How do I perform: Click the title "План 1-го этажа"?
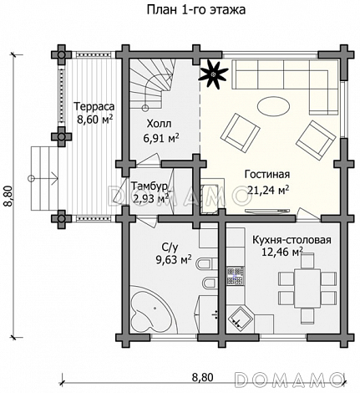[196, 10]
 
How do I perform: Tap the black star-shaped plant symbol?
[214, 74]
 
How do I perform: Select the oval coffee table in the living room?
[273, 106]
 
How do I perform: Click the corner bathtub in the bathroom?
[151, 309]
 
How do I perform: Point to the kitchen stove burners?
[236, 276]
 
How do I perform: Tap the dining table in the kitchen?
[307, 288]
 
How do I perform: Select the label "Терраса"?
[94, 106]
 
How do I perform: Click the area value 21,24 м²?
[268, 190]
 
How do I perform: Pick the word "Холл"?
[159, 123]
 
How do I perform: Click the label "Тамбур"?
[150, 186]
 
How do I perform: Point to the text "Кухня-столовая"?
[292, 240]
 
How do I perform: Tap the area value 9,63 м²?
[174, 260]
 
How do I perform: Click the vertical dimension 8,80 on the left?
[8, 196]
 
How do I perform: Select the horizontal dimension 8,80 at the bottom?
[203, 377]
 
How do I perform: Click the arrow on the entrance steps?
[43, 178]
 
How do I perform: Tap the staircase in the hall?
[153, 84]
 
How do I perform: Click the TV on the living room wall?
[267, 212]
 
